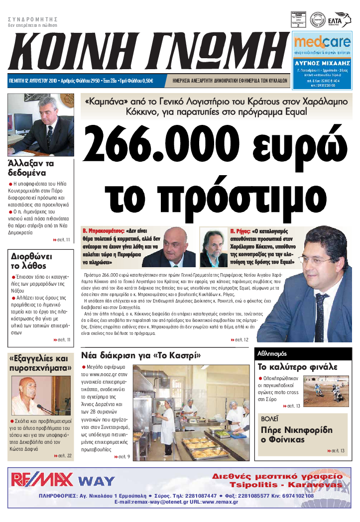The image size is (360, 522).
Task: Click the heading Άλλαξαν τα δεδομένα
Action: tap(31, 168)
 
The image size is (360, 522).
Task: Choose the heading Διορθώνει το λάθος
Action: tap(31, 261)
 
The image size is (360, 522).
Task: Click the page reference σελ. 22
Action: tap(63, 456)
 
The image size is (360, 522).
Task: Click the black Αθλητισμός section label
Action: tap(272, 354)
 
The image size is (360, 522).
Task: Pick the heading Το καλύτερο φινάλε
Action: tap(297, 367)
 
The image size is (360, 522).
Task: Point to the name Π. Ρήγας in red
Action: tap(240, 231)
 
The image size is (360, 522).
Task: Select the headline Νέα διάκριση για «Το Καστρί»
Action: tap(141, 356)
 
